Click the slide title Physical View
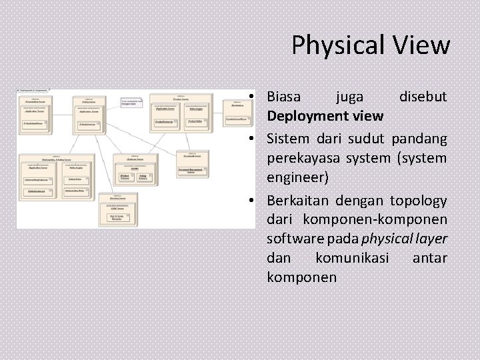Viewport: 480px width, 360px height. point(371,45)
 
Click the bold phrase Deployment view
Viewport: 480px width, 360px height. point(325,116)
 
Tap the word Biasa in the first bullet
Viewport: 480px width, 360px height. point(283,97)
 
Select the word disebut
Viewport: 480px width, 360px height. point(423,97)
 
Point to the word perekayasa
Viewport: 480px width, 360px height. point(299,159)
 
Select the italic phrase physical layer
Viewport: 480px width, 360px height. point(404,239)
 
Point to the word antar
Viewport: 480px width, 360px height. point(430,258)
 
